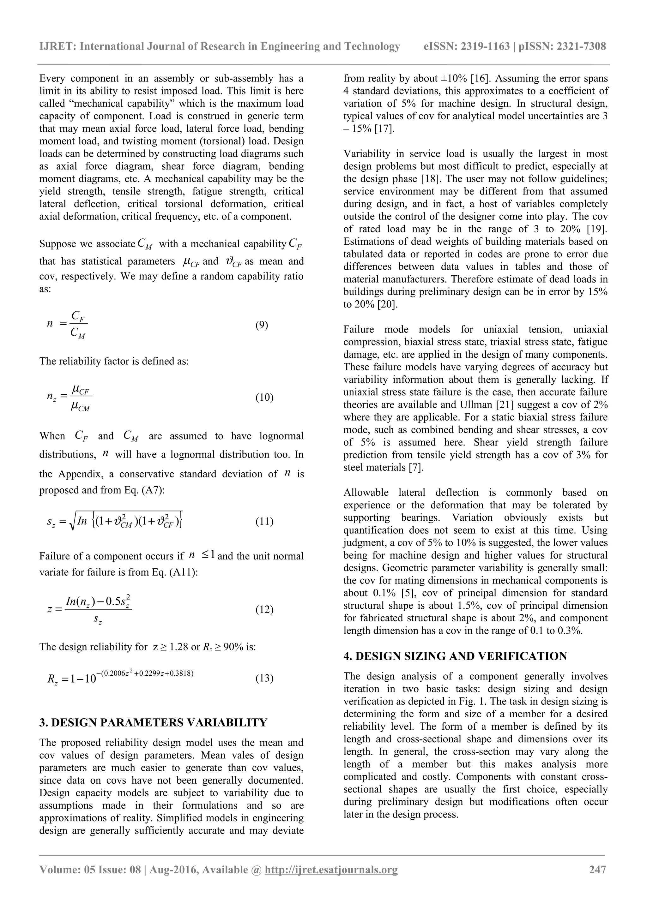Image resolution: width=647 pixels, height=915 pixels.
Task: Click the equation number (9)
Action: [x=262, y=325]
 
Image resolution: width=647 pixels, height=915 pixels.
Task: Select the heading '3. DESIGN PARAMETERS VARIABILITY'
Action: [x=153, y=722]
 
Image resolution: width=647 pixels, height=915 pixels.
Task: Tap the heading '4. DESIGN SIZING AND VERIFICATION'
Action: [x=455, y=656]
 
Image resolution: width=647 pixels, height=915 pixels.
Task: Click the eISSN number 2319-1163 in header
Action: [x=485, y=47]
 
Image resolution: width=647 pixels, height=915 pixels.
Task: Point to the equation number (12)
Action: [x=264, y=609]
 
